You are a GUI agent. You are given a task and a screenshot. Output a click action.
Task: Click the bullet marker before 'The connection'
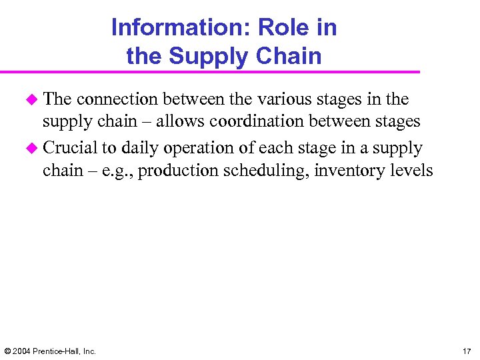point(31,99)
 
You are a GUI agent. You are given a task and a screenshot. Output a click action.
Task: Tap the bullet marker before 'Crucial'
point(31,147)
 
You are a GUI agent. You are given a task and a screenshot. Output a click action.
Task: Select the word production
point(172,171)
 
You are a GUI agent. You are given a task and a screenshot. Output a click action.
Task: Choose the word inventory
point(347,171)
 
